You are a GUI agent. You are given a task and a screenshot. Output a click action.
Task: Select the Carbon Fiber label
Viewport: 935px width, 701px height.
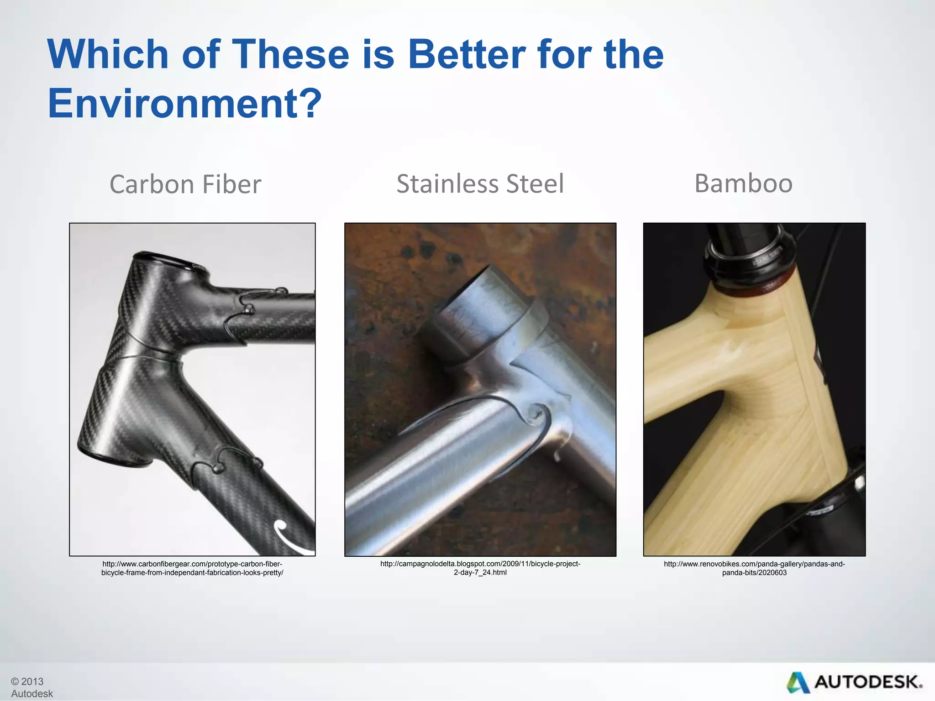tap(185, 184)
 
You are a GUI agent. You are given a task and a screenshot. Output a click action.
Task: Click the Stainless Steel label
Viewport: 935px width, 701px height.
tap(480, 184)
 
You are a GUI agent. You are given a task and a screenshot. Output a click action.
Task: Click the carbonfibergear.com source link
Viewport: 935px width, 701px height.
tap(192, 568)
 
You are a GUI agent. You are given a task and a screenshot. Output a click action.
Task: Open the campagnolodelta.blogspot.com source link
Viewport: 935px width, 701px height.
tap(480, 568)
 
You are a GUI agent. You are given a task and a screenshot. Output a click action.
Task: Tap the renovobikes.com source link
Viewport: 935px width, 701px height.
tap(754, 568)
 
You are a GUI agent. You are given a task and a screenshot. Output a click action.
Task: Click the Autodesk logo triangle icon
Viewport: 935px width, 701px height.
tap(797, 683)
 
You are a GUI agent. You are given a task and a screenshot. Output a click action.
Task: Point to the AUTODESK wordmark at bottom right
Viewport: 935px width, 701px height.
tap(868, 682)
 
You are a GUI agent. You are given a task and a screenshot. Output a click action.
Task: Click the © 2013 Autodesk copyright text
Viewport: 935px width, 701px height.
tap(31, 687)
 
